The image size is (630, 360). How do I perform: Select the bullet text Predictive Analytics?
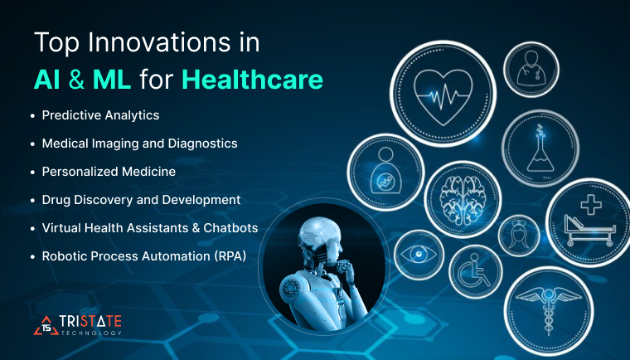[100, 114]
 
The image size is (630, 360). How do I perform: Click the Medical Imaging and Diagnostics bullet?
[139, 144]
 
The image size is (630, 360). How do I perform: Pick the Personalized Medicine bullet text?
[109, 172]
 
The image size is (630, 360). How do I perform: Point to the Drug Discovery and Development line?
[141, 200]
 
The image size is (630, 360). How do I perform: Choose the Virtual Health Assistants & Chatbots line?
[150, 228]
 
